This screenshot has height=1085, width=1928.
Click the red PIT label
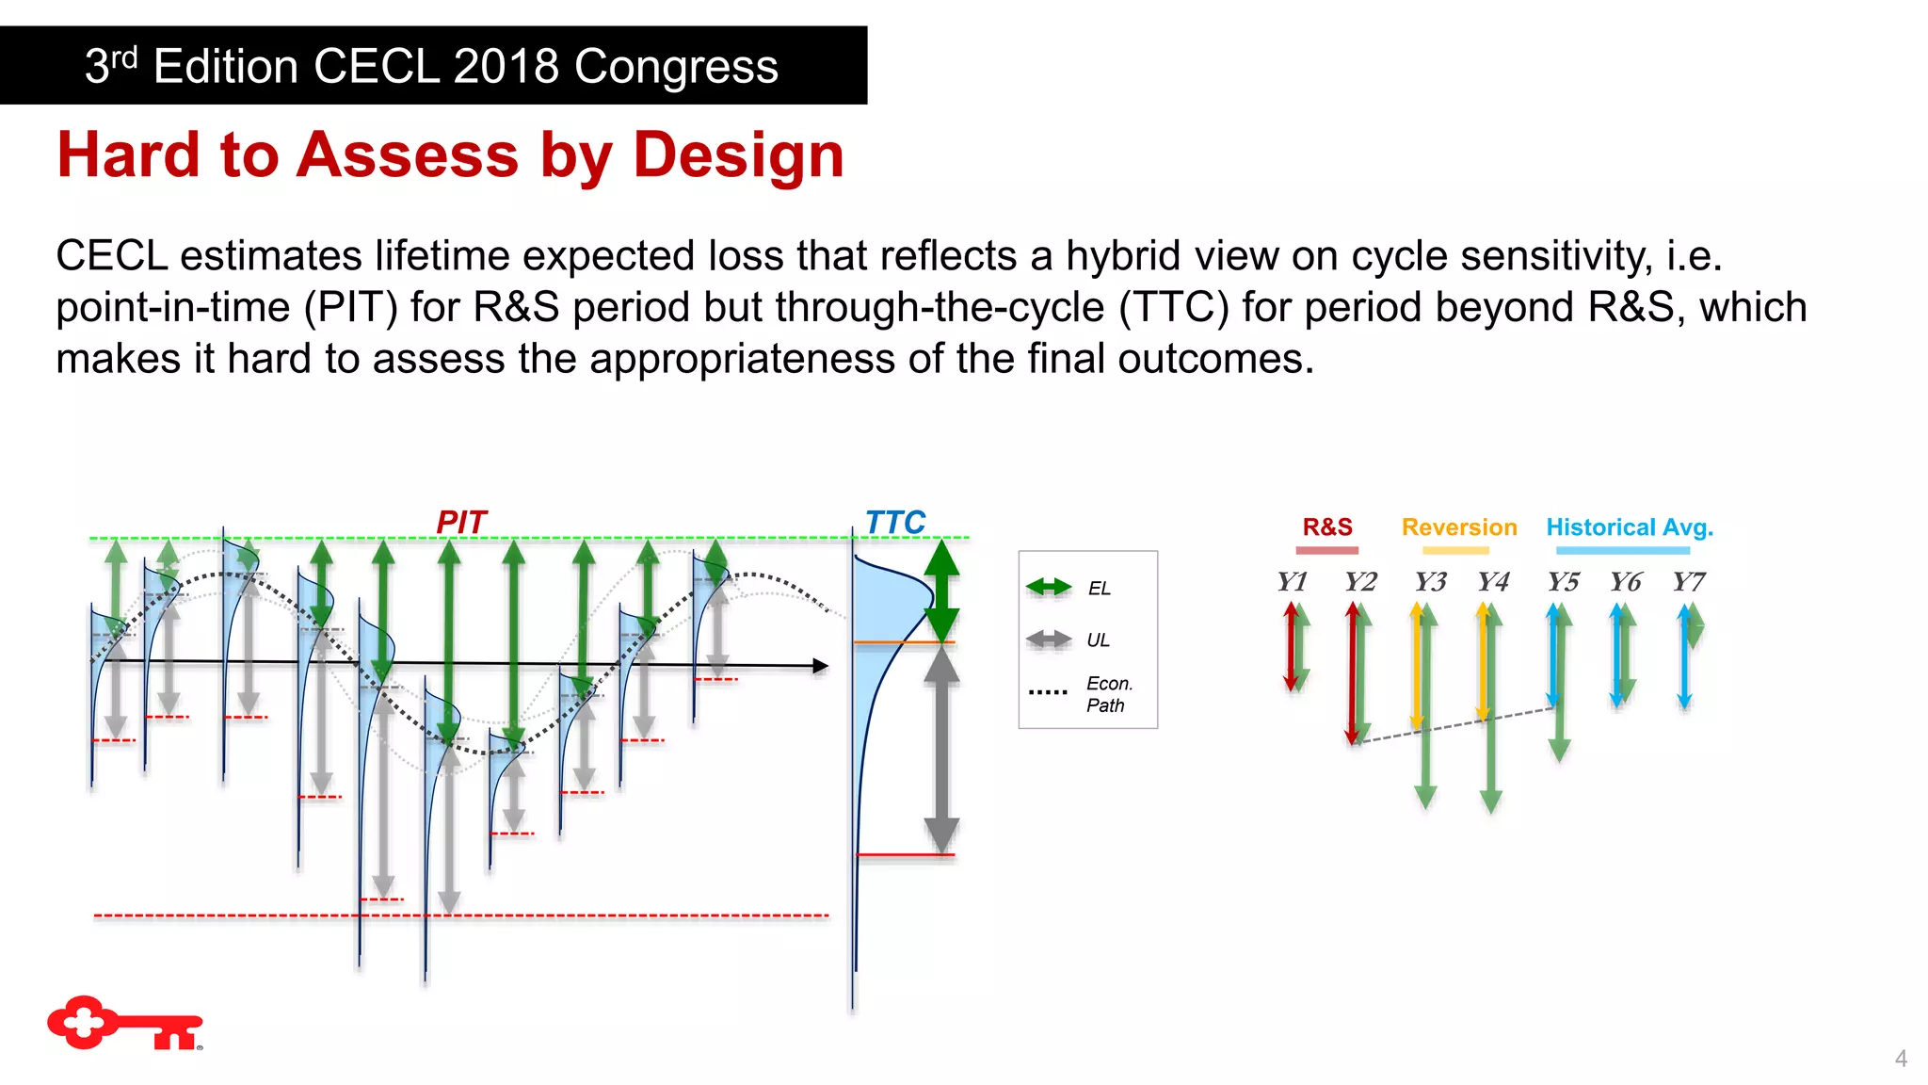[x=461, y=522]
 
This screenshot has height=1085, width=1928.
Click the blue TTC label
[x=894, y=522]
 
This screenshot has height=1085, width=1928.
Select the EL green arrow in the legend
[x=1048, y=588]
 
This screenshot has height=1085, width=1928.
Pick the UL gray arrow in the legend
[x=1048, y=640]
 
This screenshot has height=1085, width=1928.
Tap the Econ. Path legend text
[x=1108, y=694]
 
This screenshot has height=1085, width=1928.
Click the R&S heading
[x=1327, y=527]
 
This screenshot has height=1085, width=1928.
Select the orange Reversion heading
[x=1458, y=527]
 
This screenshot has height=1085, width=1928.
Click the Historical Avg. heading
[x=1629, y=527]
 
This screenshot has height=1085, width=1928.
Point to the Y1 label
[x=1292, y=582]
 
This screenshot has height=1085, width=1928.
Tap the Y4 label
[x=1493, y=582]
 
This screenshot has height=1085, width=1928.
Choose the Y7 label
[x=1688, y=582]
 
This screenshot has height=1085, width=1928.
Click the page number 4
[x=1901, y=1059]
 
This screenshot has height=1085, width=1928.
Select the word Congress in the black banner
[x=676, y=66]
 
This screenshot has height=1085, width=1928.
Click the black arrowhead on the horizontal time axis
[x=821, y=666]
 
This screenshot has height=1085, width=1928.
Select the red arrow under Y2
[x=1352, y=673]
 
